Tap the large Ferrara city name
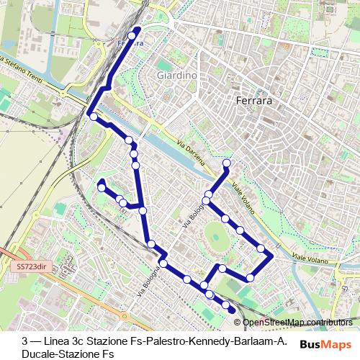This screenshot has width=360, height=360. [254, 102]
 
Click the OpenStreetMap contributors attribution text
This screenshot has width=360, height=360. [297, 323]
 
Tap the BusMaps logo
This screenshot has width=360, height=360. [326, 344]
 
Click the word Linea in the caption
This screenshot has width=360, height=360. [58, 341]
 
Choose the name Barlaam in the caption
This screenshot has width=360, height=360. [248, 341]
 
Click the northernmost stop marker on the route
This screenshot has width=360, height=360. [132, 35]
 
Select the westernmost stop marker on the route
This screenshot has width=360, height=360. [93, 116]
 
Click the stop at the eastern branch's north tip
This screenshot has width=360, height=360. [226, 163]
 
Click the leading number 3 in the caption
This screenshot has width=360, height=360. [25, 341]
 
